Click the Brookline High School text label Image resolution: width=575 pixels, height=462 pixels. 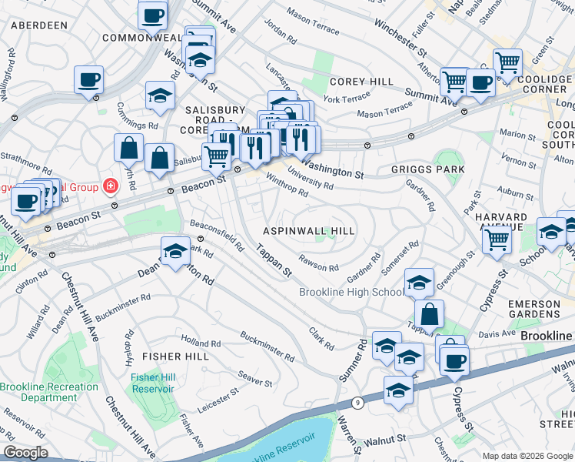point(351,293)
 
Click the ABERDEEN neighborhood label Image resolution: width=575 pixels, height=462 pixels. point(38,25)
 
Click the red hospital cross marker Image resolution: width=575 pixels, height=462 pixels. point(111,186)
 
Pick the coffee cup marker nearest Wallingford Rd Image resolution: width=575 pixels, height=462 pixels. point(89,79)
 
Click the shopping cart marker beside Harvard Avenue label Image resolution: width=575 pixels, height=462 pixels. point(497,240)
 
